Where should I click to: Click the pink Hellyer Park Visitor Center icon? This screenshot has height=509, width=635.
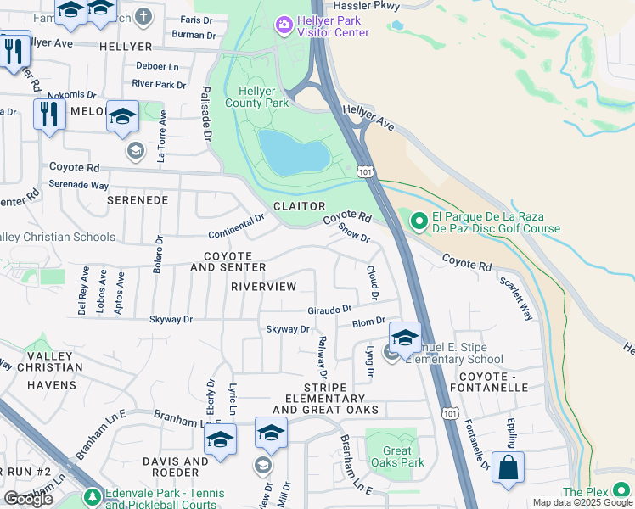coord(284,25)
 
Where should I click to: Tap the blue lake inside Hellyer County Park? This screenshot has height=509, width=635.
coord(293,154)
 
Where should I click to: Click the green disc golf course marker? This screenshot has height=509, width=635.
coord(418,222)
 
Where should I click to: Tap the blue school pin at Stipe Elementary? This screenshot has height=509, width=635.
coord(405,338)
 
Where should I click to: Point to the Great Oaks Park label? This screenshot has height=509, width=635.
coord(391,456)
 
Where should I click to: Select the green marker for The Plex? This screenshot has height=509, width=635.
coord(622,491)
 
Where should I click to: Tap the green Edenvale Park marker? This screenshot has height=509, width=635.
coord(92,496)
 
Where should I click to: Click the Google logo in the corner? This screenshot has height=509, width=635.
coord(28,498)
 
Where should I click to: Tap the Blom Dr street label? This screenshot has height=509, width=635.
coord(368,323)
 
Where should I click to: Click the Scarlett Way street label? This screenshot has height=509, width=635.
coord(516,299)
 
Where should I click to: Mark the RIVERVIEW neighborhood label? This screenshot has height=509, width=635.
coord(263,287)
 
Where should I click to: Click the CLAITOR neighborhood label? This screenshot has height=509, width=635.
coord(299,206)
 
